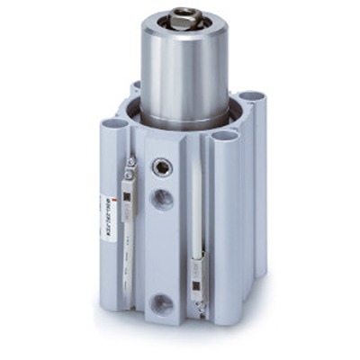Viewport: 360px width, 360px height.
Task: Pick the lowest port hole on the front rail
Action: pyautogui.click(x=161, y=304)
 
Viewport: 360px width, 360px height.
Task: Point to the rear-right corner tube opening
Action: pyautogui.click(x=251, y=96)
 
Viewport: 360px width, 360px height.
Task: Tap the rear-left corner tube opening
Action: pyautogui.click(x=136, y=88)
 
